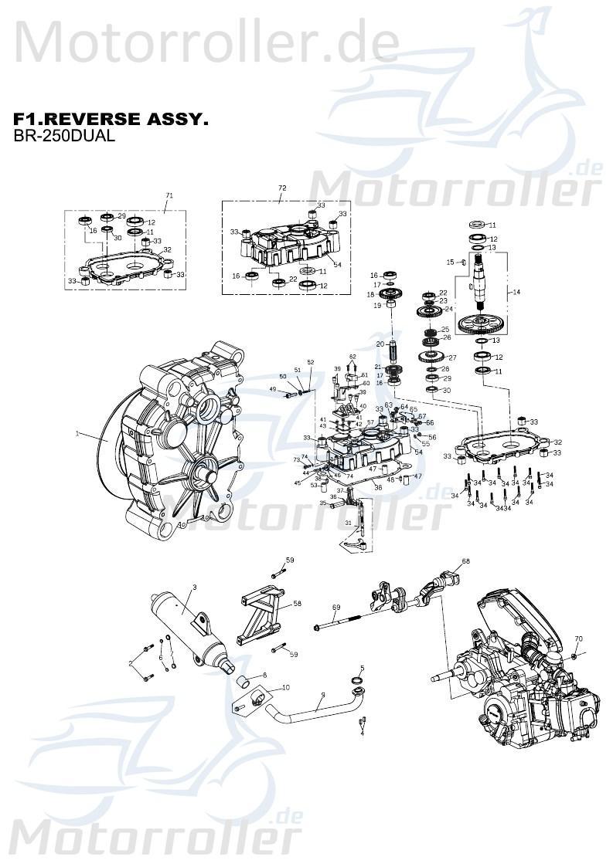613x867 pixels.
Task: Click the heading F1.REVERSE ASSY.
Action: tap(111, 120)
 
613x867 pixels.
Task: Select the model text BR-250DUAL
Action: tap(64, 136)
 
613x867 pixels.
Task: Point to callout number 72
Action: tap(282, 188)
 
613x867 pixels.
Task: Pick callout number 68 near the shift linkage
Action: tap(465, 561)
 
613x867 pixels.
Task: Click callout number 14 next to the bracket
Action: tap(517, 293)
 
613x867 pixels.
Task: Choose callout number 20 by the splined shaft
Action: tap(380, 344)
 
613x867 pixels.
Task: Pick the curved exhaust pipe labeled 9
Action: tap(309, 709)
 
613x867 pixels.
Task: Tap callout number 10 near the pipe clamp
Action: tap(286, 687)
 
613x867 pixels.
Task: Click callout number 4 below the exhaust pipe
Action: tap(362, 733)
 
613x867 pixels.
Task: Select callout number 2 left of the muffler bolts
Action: tap(131, 663)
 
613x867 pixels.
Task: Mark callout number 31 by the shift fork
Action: tap(349, 523)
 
